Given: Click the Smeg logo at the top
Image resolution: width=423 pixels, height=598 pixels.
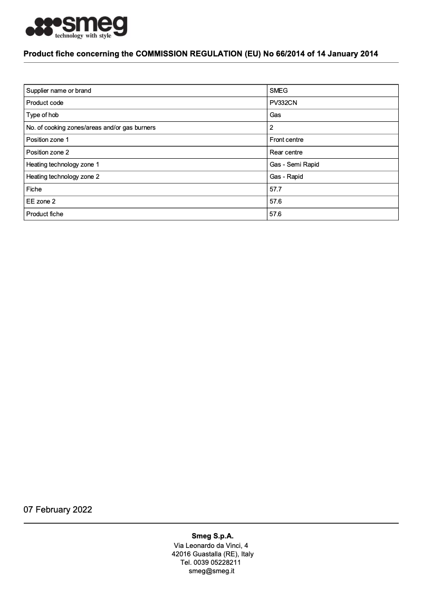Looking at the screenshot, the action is click(x=76, y=26).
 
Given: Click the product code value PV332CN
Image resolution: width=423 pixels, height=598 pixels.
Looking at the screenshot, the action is click(x=283, y=103).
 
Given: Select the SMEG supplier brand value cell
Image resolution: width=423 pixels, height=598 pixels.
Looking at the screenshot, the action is click(x=278, y=91).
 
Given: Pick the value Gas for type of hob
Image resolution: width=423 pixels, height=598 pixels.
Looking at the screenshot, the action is click(x=275, y=115).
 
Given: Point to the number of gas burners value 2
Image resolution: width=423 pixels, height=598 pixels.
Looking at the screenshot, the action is click(x=271, y=128).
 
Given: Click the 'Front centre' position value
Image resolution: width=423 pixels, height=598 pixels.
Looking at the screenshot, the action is click(x=286, y=140).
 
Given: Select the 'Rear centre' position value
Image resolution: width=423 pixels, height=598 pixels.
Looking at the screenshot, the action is click(x=286, y=152).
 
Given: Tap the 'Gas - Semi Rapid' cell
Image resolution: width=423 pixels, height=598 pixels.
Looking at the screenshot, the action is click(x=294, y=165).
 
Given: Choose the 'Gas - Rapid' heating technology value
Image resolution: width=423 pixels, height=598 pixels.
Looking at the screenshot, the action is click(x=286, y=177).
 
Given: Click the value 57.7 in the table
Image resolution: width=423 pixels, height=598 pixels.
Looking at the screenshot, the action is click(x=275, y=189).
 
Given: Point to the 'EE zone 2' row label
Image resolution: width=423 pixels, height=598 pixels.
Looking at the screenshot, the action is click(x=40, y=201).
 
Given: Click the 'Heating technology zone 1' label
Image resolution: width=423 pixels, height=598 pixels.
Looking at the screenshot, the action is click(x=63, y=165).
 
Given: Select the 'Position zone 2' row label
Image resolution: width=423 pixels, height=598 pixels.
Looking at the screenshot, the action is click(x=47, y=152).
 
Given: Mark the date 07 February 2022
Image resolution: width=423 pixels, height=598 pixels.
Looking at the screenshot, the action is click(x=57, y=509).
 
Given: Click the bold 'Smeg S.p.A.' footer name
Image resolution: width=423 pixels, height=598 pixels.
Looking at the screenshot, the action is click(x=213, y=536).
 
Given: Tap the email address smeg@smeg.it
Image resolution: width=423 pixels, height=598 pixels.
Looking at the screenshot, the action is click(x=211, y=571).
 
